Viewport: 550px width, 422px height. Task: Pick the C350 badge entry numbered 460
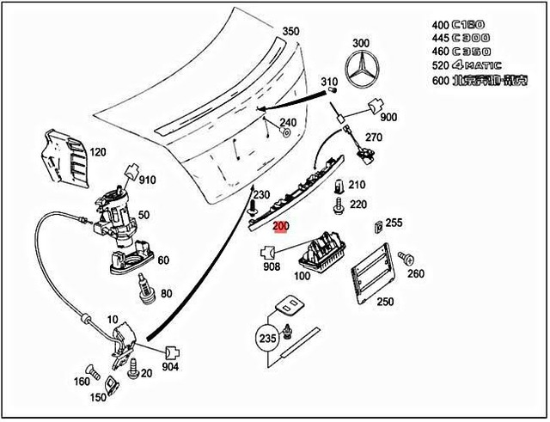coord(471,51)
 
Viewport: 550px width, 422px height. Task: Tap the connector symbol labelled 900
coord(375,106)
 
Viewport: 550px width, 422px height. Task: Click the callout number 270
coord(372,137)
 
